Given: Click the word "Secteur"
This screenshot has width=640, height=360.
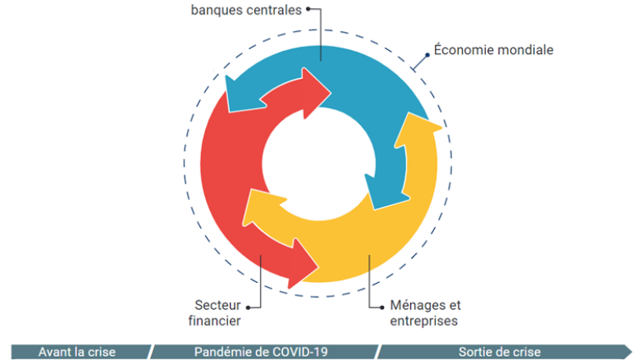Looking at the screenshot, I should click(217, 304).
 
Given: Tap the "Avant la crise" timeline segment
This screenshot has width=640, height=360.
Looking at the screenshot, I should click(77, 352).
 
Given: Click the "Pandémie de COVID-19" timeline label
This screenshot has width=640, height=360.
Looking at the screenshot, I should click(261, 352).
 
